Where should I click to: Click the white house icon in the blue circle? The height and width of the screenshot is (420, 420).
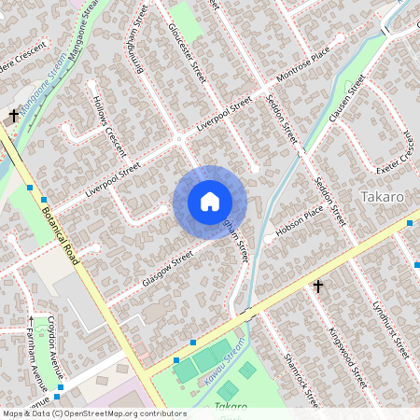pyautogui.click(x=210, y=202)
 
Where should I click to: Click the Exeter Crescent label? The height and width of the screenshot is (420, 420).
pyautogui.click(x=394, y=155)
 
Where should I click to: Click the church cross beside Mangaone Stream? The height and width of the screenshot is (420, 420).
pyautogui.click(x=14, y=115)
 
